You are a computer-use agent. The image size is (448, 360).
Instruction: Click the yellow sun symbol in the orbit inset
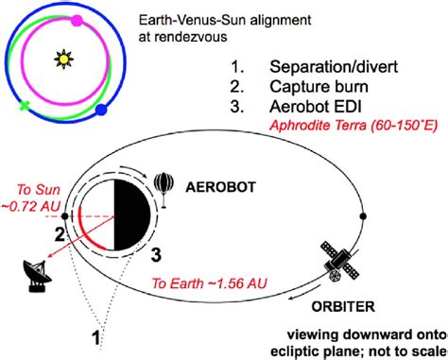coord(63,60)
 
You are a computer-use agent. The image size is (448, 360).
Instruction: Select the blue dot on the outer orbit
coord(102,112)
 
